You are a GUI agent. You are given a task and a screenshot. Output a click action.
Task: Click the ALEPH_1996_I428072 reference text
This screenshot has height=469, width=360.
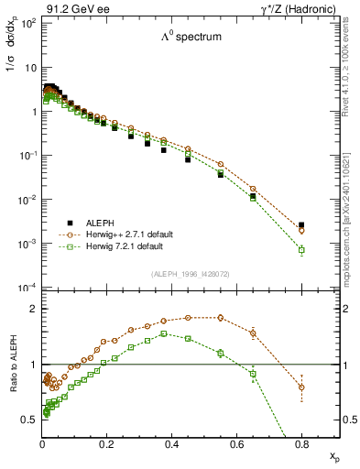pos(191,274)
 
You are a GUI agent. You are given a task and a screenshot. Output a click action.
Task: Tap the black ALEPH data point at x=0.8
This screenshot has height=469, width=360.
pos(301,225)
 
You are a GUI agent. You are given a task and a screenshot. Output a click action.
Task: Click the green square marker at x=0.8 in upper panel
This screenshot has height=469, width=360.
pos(301,249)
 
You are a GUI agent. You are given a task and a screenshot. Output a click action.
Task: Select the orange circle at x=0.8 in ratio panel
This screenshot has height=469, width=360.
pos(301,387)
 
